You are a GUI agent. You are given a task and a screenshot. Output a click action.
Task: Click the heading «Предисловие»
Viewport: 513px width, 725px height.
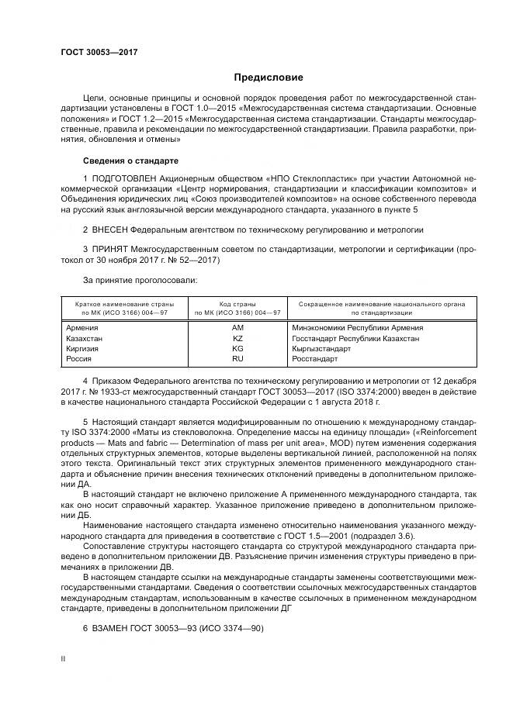pos(269,78)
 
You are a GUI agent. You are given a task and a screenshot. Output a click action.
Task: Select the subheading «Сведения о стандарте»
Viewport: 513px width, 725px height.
pos(130,161)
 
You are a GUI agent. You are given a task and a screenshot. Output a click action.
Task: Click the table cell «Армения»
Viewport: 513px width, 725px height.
pos(85,328)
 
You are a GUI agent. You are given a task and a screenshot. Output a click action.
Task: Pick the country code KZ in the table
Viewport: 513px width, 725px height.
pos(238,339)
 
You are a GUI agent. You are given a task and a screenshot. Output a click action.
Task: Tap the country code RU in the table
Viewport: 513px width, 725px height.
pos(238,359)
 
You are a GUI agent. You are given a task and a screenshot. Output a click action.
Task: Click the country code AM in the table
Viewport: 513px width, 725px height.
pos(238,328)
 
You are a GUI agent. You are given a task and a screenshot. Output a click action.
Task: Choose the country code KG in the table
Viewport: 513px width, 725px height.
pos(238,349)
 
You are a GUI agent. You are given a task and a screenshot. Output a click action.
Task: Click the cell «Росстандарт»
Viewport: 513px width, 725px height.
pos(315,359)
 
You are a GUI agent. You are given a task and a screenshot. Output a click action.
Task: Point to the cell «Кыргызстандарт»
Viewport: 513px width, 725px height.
pos(321,349)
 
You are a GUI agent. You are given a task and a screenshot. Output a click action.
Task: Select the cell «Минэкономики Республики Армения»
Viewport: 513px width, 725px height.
pos(357,328)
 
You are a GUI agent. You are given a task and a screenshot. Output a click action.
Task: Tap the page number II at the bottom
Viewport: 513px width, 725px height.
pos(63,658)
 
